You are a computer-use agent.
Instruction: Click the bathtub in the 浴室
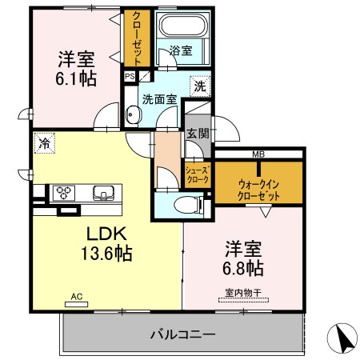point(183,25)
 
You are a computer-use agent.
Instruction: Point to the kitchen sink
point(103,193)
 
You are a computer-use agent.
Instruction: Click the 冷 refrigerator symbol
point(45,143)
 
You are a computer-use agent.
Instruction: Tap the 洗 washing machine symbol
point(200,86)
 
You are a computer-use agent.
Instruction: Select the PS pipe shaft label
point(130,77)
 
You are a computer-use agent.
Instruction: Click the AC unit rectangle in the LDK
point(77,304)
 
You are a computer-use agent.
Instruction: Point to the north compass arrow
point(342,338)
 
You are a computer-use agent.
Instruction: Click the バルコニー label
point(182,334)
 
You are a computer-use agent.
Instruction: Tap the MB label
point(258,154)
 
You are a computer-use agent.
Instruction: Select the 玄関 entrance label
point(198,133)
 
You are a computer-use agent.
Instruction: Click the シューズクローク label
point(198,174)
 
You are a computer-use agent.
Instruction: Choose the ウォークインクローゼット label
point(258,190)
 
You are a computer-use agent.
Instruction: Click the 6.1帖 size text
point(76,79)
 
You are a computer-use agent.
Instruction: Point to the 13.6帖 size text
point(106,254)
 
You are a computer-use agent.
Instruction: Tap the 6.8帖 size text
point(243,268)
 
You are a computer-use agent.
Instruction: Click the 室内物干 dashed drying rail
point(243,300)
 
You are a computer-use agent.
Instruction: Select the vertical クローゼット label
point(137,39)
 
